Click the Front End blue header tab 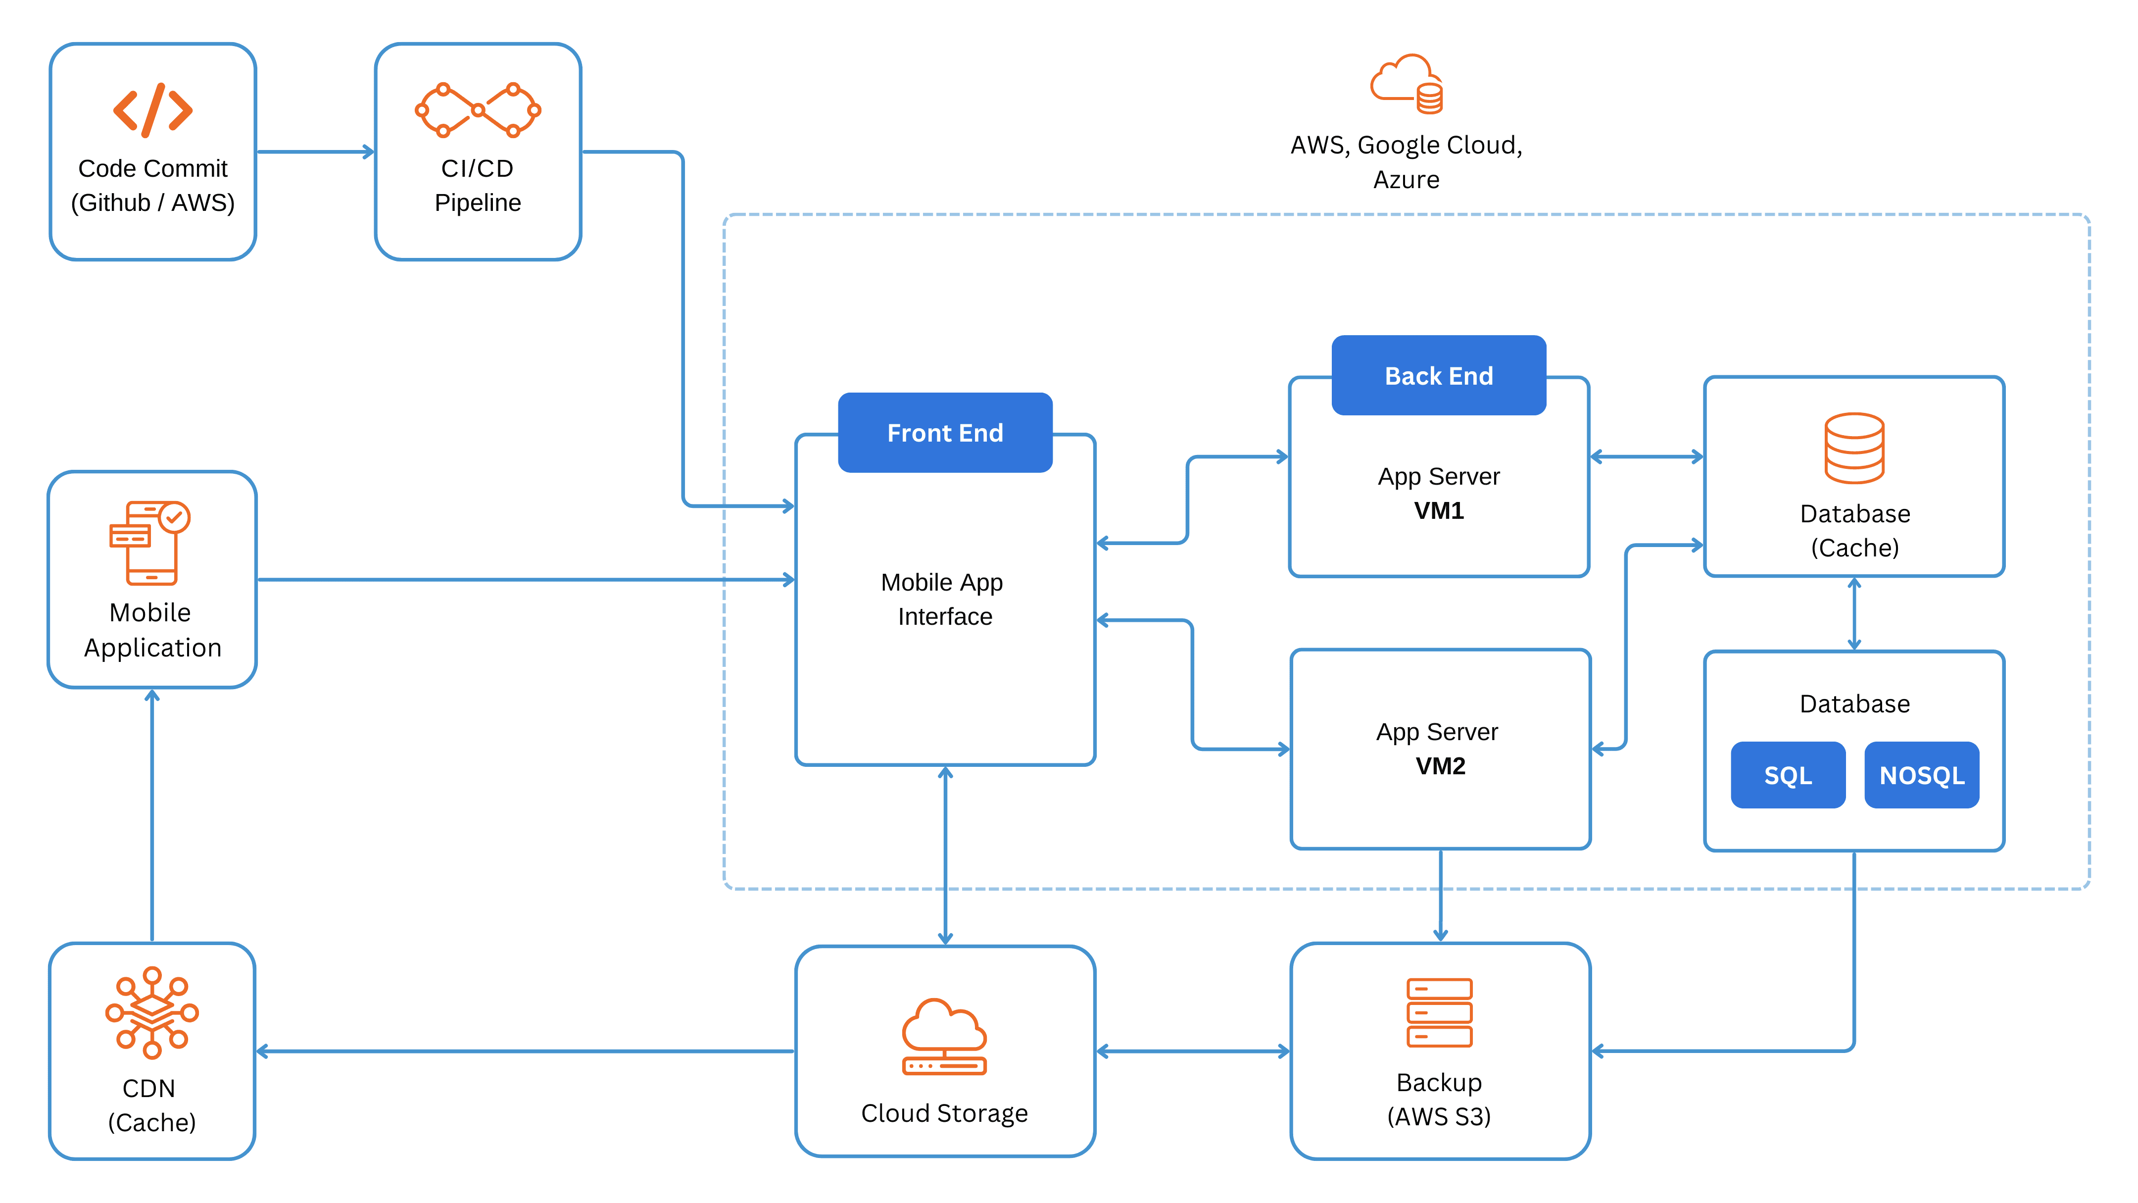944,433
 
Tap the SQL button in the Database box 1787,775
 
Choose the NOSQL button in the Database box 1921,775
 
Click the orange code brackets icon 153,109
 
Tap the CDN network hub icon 152,1012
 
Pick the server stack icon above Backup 1439,1012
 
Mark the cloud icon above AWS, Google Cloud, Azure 1406,84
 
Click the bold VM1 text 1438,510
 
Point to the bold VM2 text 1440,765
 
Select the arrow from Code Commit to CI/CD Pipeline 315,152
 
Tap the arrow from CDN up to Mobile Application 152,813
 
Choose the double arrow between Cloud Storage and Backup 1193,1051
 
